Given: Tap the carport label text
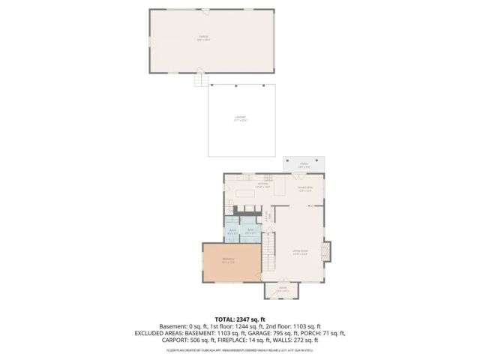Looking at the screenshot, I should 240,118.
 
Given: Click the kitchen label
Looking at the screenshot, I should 263,185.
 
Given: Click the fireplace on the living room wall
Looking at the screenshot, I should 326,252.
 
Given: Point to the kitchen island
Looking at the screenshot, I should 246,192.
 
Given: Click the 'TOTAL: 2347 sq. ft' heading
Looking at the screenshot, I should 240,319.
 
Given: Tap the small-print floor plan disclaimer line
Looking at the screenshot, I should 240,350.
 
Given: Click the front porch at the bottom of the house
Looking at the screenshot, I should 283,289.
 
